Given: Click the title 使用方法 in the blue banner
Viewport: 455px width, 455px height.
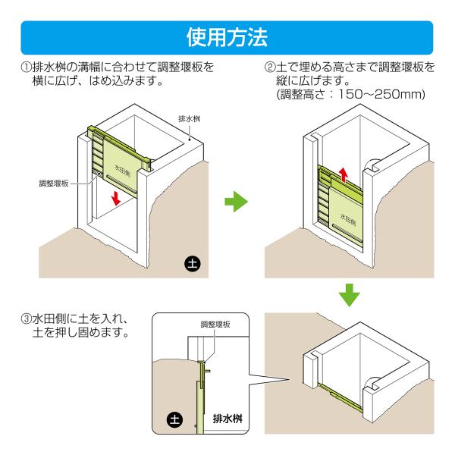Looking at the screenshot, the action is [x=227, y=37].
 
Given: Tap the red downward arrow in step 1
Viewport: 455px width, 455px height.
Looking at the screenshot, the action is [x=116, y=198].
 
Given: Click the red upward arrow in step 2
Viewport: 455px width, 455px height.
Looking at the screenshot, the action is [x=344, y=174].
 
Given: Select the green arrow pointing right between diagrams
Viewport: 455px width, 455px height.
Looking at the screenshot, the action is [x=236, y=202].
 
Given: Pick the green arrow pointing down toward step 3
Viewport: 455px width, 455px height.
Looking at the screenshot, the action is [x=349, y=296].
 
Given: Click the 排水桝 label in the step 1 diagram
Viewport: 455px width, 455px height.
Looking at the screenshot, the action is [x=189, y=119].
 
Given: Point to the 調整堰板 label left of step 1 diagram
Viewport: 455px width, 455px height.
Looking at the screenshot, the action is [x=54, y=184].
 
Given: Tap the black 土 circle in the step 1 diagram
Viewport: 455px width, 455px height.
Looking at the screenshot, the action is [x=193, y=264].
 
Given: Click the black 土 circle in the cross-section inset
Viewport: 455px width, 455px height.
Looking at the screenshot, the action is [x=174, y=420].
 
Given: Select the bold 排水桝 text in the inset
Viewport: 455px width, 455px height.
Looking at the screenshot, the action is [x=227, y=419].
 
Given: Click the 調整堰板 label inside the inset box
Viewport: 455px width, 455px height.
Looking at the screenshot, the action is [x=215, y=324].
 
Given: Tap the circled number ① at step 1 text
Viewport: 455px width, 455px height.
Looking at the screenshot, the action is [x=26, y=67].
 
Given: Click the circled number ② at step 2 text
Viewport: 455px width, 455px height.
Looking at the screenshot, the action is [x=269, y=67].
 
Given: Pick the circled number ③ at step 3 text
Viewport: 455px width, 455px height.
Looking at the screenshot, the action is [x=26, y=319].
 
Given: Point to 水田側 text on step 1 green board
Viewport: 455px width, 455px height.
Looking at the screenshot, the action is [x=122, y=171].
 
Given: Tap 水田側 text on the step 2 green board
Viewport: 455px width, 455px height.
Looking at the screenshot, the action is [x=348, y=219].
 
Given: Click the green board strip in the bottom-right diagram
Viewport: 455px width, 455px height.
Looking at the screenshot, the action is [x=340, y=397].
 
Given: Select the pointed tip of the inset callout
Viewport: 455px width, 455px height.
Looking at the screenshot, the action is [x=290, y=379].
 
